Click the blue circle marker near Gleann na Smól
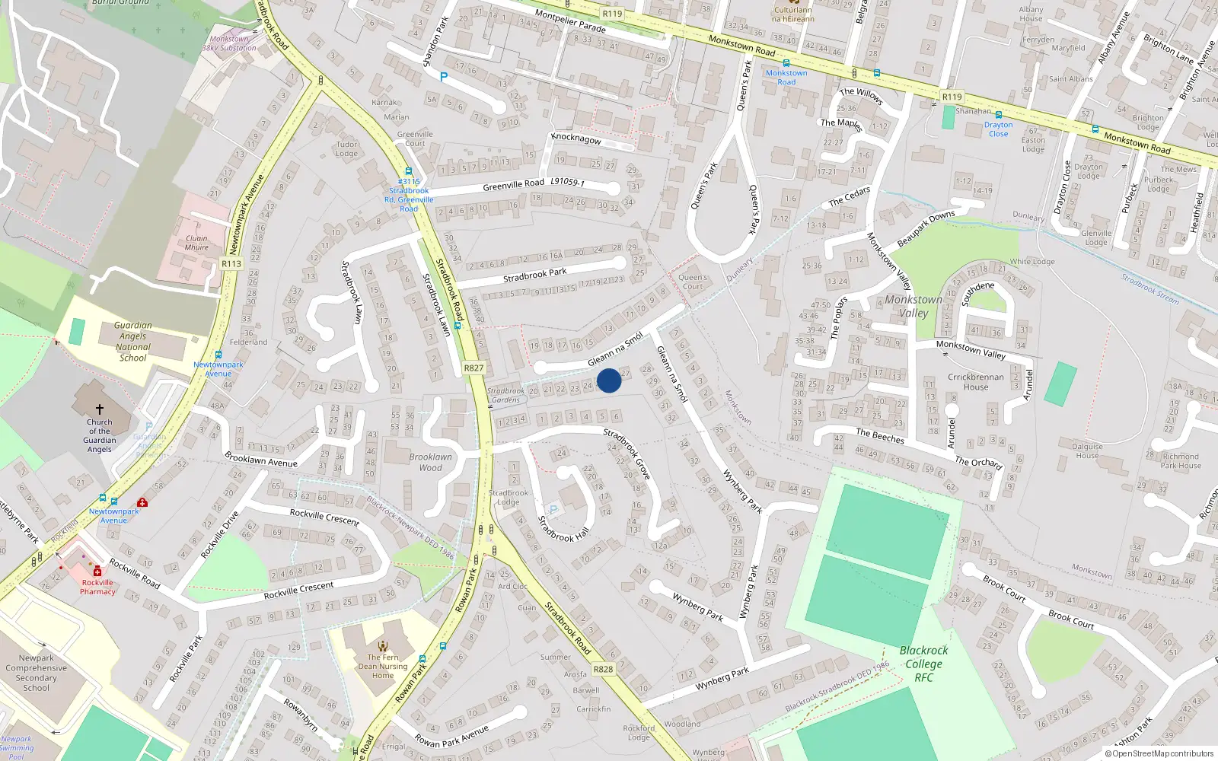[609, 380]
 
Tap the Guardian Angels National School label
[133, 342]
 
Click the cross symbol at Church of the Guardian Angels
[99, 409]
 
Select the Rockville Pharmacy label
[97, 587]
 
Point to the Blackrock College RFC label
[923, 664]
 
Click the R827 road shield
[473, 368]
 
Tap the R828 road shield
[603, 670]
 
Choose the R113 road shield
[231, 264]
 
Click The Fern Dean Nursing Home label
[383, 666]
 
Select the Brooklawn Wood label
[430, 462]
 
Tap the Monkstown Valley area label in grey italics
[913, 306]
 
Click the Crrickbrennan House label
[975, 381]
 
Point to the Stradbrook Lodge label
[508, 498]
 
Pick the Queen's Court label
[693, 282]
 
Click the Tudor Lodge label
[346, 148]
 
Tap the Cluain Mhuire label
[196, 243]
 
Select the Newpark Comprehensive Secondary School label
[36, 673]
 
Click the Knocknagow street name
[576, 139]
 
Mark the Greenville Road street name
[513, 185]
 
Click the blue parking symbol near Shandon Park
[443, 77]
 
